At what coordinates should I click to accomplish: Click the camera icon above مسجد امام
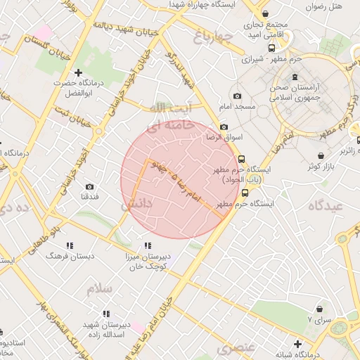[x=237, y=96]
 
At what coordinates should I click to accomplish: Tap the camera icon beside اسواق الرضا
[x=224, y=127]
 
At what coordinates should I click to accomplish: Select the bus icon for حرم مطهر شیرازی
[x=271, y=49]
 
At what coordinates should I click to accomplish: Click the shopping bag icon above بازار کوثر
[x=321, y=155]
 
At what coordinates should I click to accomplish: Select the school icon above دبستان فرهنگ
[x=69, y=245]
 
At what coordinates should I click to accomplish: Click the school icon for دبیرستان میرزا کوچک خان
[x=147, y=245]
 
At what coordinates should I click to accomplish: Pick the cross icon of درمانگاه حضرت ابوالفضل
[x=78, y=72]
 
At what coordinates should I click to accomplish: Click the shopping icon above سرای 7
[x=321, y=308]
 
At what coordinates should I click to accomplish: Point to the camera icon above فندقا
[x=89, y=186]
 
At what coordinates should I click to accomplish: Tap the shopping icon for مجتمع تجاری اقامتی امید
[x=265, y=14]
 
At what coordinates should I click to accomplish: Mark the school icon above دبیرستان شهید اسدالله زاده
[x=105, y=314]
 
